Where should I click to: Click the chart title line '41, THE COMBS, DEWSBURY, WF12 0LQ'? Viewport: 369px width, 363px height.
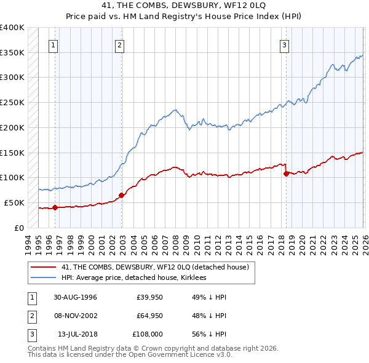coord(184,6)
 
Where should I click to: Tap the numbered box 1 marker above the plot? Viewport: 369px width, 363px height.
coord(54,44)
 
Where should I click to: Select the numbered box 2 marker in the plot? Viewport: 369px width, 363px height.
coord(119,44)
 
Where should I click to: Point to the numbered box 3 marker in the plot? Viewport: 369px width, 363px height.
coord(285,44)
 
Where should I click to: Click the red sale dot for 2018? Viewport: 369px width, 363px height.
coord(287,174)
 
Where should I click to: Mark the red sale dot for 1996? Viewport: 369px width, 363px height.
coord(55,207)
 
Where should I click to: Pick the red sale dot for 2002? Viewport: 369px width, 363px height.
coord(121,195)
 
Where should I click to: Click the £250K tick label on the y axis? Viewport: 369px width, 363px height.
coord(12,103)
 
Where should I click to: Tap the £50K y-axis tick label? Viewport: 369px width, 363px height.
coord(15,202)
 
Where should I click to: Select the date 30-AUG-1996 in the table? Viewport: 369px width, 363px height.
coord(75,297)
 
